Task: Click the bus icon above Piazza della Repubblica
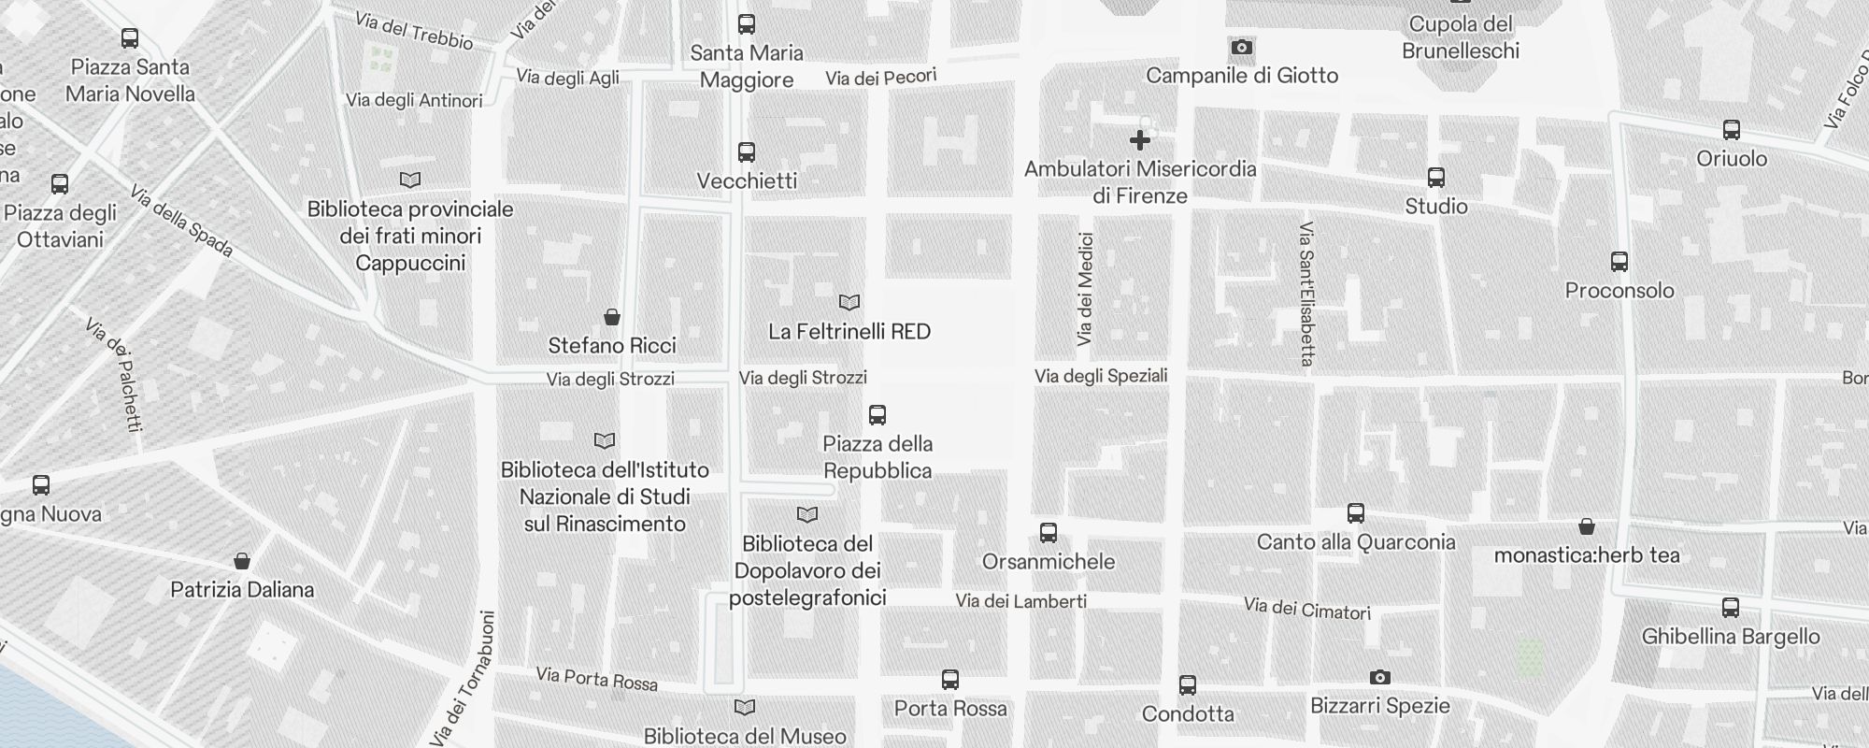877,415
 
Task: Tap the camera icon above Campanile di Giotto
1241,48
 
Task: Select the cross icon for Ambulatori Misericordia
1139,140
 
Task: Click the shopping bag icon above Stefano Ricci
612,318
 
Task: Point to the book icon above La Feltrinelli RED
849,303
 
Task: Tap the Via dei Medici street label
1085,289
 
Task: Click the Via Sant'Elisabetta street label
1306,294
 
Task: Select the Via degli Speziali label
1101,376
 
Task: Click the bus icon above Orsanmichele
1049,533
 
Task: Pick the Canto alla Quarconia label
1356,542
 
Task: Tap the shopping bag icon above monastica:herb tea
1587,526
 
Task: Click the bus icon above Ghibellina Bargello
1731,608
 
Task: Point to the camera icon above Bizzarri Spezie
1379,677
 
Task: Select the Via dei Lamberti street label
1020,601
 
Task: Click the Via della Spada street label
181,222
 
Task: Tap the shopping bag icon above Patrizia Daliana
242,561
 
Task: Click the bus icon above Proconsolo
1619,262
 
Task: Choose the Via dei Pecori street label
880,78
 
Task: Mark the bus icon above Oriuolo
1732,130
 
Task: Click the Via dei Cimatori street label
1306,609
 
